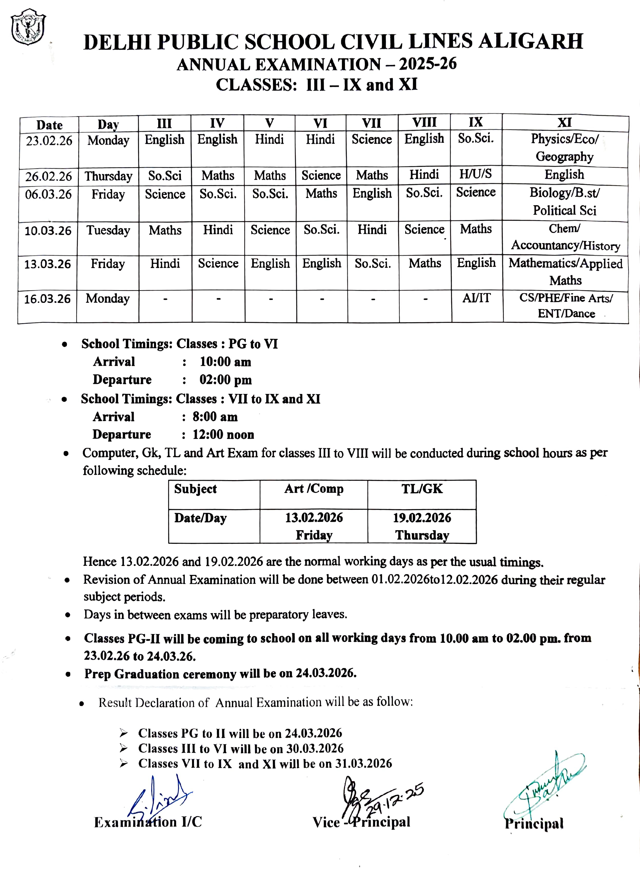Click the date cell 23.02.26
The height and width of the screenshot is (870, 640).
(49, 141)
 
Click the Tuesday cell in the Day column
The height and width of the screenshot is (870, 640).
(108, 230)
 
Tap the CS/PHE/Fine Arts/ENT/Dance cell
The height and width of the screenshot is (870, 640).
(566, 305)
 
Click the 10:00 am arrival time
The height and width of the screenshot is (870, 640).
(225, 362)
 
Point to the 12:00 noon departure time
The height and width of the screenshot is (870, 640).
(223, 434)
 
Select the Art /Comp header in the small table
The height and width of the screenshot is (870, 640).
(314, 489)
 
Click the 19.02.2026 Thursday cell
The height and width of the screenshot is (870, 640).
(422, 526)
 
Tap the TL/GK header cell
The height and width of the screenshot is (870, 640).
(422, 489)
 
